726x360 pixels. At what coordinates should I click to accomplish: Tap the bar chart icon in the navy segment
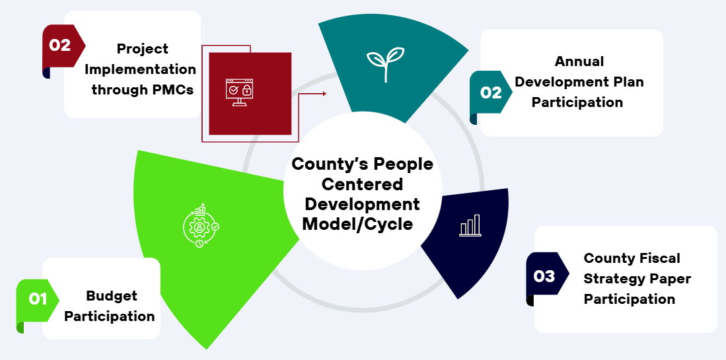point(470,226)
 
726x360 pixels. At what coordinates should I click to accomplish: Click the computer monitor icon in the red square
point(239,92)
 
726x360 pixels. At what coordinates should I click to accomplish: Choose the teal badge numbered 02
point(491,92)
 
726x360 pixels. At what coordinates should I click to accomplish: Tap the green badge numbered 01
point(38,299)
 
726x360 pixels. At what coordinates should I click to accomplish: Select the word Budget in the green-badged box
point(112,296)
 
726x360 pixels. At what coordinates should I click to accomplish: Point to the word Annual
point(579,61)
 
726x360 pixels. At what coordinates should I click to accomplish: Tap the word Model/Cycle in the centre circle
point(357,225)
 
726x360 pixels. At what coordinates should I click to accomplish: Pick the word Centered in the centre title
point(362,184)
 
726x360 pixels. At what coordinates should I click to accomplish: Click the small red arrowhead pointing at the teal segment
point(324,94)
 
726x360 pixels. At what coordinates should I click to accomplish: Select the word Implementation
point(140,69)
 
